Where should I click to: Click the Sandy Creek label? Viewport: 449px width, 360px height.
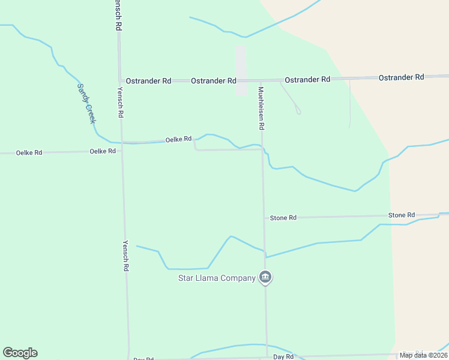click(86, 103)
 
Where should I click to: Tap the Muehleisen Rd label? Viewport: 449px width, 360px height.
click(261, 109)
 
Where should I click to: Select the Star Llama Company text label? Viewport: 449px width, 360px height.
click(217, 278)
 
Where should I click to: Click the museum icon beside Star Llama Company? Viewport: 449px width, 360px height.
click(265, 277)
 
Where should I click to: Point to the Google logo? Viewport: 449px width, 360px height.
click(20, 353)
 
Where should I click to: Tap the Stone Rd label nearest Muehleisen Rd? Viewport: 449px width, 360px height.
click(283, 218)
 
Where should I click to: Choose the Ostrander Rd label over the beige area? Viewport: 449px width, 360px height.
click(401, 77)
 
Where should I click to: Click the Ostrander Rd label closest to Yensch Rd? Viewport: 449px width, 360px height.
click(148, 80)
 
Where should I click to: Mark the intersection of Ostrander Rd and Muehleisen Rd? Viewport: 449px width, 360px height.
click(261, 80)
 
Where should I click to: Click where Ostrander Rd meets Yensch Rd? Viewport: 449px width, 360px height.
click(120, 80)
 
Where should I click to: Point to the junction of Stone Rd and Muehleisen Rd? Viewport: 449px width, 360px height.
click(264, 217)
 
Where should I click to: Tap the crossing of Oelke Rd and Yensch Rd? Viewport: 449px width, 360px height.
click(122, 143)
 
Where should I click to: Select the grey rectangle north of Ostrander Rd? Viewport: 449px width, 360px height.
click(241, 70)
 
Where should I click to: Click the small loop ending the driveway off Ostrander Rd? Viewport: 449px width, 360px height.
click(298, 111)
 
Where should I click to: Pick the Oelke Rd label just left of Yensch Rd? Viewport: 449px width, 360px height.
click(102, 151)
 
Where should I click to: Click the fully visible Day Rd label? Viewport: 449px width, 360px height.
click(283, 356)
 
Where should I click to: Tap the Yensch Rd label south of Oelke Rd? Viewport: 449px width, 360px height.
click(126, 257)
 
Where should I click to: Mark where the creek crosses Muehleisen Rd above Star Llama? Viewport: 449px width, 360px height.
click(264, 254)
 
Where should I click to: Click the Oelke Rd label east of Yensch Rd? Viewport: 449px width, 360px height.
click(178, 139)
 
